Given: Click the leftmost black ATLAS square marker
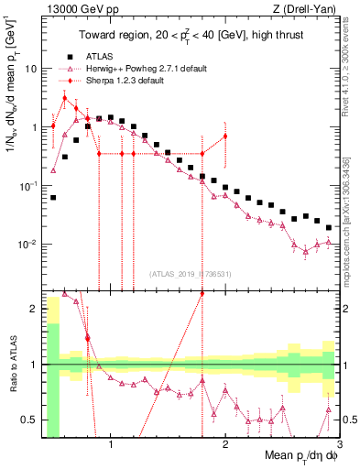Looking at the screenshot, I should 53,197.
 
